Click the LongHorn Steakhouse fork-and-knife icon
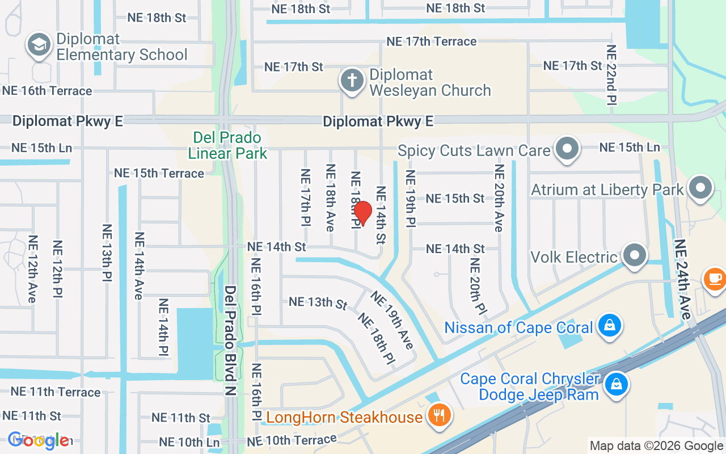point(439,416)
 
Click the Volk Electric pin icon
point(634,256)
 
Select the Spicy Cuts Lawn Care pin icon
point(567,149)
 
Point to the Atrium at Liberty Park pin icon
point(700,188)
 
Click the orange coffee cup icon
point(714,279)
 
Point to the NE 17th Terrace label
point(431,41)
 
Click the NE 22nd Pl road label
point(611,74)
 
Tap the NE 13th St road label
point(318,302)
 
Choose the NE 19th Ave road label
point(392,320)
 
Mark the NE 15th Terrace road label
point(159,173)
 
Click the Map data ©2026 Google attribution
point(656,446)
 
